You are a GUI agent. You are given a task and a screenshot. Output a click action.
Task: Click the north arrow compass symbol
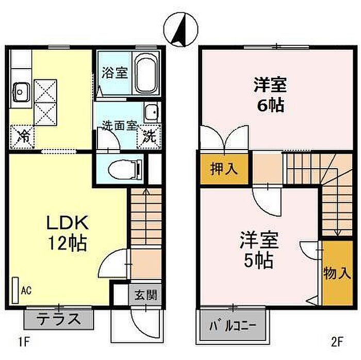180,29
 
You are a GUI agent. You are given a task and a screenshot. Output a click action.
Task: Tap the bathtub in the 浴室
146,73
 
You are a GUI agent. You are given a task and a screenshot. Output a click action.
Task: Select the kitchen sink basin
22,92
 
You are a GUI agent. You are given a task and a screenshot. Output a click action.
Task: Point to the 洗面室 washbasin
152,111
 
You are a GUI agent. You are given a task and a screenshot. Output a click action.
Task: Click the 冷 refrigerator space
22,137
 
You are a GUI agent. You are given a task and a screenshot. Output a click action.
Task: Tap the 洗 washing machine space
149,136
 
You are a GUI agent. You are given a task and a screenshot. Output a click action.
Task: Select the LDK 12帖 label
67,232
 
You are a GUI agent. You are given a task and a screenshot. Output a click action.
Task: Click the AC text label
26,290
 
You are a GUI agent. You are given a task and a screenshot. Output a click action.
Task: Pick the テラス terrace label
59,320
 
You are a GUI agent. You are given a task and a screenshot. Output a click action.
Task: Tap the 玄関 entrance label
146,295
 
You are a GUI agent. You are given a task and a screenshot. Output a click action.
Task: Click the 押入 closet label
224,169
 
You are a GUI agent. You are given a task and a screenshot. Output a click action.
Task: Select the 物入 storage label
337,273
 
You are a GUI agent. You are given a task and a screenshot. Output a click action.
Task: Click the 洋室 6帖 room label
271,94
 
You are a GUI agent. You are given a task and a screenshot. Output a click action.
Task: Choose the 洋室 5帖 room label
259,251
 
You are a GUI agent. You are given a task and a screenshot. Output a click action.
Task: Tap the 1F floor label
24,342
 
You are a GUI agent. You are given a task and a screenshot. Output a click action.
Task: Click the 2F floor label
337,342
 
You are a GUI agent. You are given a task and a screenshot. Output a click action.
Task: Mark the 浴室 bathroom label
114,73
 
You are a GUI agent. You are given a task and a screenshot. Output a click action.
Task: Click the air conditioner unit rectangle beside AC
15,290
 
